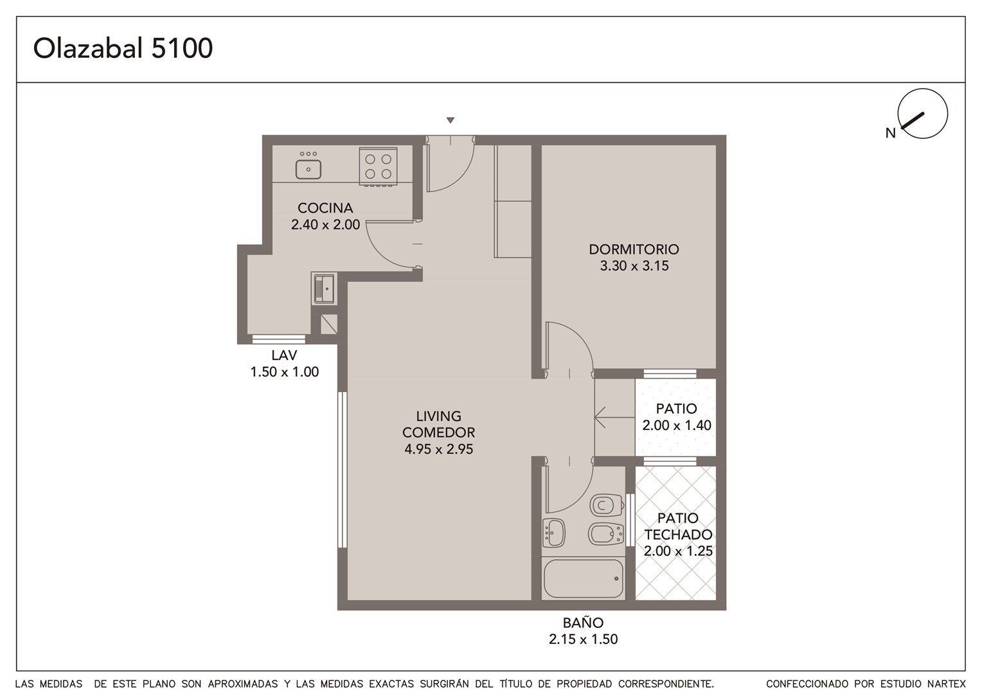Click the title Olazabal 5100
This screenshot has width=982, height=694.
point(123,48)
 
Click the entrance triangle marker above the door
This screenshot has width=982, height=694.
point(451,120)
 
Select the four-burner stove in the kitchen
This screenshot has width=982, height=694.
point(379,166)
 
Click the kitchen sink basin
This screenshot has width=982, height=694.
point(308,170)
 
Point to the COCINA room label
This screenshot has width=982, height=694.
point(325,208)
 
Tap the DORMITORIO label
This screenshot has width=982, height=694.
point(634,249)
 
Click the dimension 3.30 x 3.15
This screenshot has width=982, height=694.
point(634,265)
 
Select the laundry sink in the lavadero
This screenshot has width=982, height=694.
point(324,289)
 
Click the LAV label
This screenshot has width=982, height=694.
point(284,355)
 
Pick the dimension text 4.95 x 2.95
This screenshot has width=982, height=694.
point(438,449)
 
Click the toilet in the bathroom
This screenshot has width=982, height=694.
point(607,506)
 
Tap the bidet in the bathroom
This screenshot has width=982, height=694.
point(606,533)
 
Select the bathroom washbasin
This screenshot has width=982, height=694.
point(554,533)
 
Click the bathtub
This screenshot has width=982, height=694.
point(584,579)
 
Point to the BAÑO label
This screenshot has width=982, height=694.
point(583,623)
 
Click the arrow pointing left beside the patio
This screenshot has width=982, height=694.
point(614,418)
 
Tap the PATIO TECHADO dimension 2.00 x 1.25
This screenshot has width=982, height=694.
point(678,551)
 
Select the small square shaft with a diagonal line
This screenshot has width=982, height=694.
point(329,324)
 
